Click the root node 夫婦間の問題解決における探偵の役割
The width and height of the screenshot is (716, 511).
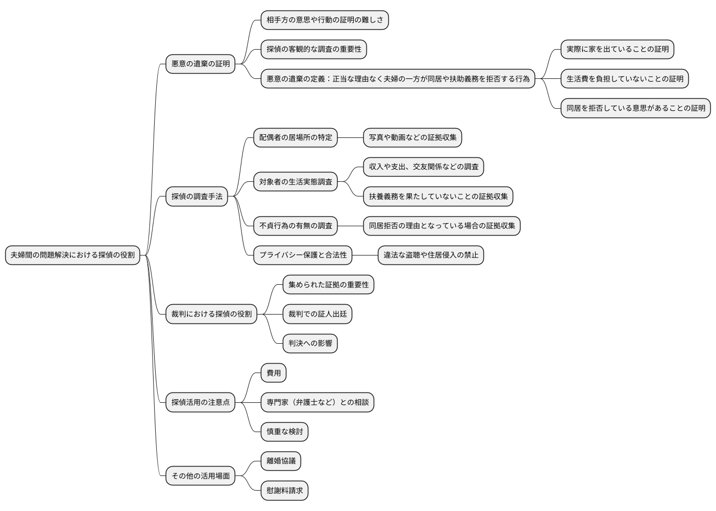[73, 255]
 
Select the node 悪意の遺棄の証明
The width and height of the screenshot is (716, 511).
[201, 64]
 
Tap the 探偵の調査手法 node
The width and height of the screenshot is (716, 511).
[197, 196]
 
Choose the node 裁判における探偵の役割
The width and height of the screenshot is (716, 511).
[211, 314]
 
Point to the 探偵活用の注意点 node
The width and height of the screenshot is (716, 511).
[201, 402]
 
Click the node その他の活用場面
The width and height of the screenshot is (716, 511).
[201, 476]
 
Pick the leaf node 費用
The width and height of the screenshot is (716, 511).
[273, 373]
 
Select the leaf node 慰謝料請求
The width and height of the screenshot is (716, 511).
[284, 491]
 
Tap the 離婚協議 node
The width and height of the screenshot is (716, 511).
[281, 461]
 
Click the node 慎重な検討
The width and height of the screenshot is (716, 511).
[284, 432]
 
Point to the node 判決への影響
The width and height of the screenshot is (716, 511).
[310, 343]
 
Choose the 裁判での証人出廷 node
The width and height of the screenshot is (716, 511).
[317, 314]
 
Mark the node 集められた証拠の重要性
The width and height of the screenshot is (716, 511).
[328, 285]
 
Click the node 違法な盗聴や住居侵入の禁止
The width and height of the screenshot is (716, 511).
[431, 255]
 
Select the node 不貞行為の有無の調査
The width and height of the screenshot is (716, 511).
[295, 226]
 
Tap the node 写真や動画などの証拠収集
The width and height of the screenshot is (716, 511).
[412, 137]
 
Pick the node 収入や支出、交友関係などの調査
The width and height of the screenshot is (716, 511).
[423, 167]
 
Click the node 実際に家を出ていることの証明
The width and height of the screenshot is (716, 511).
[617, 49]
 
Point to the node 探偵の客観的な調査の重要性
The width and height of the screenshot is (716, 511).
[314, 49]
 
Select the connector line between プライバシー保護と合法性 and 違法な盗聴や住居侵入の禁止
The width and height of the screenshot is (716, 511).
[365, 255]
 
